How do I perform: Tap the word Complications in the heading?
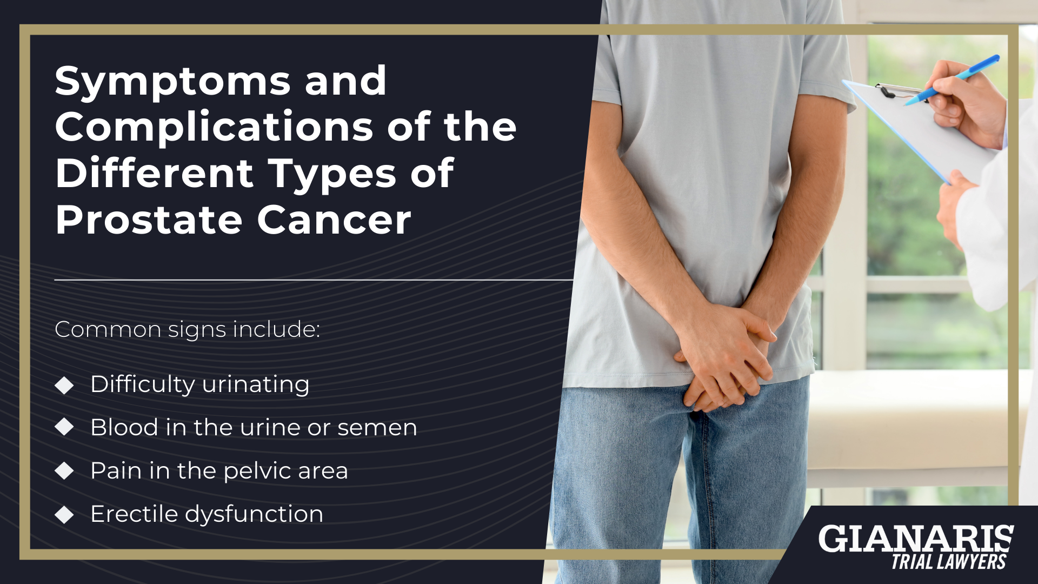214,128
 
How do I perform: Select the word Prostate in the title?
149,221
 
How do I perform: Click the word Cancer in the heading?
334,221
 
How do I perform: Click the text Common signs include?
187,329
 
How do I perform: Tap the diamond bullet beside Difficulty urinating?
64,385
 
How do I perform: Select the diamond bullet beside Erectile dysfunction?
64,514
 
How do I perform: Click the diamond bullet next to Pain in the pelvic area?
64,471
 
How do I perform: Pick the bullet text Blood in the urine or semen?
254,428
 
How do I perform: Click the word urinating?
255,385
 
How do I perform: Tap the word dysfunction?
254,514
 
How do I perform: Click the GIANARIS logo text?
916,539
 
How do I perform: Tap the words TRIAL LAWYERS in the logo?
948,562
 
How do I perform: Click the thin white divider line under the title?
314,280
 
